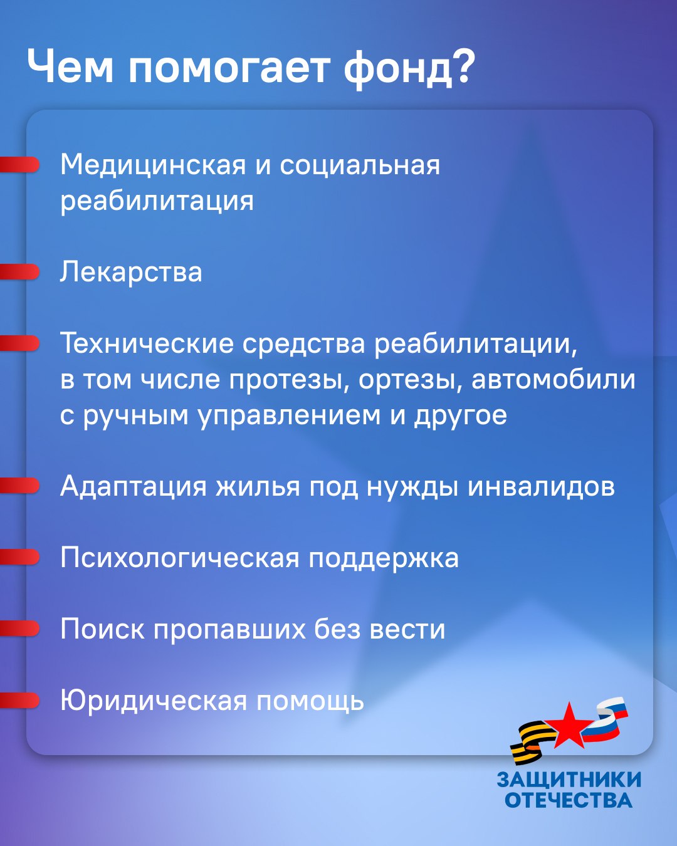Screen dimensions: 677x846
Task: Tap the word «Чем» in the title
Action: point(71,65)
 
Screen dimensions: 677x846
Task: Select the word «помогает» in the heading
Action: point(228,67)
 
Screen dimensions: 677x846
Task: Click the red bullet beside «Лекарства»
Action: point(19,271)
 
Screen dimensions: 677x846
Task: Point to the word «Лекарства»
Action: point(131,271)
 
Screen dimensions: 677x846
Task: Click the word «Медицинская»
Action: point(152,165)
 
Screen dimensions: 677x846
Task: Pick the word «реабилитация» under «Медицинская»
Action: point(157,201)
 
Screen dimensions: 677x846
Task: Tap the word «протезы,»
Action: point(289,380)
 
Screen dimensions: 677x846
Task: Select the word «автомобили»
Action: point(553,379)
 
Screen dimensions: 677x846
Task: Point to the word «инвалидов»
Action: point(541,487)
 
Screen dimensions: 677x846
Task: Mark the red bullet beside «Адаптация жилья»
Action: point(19,486)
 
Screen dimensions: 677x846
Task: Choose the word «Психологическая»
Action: point(180,558)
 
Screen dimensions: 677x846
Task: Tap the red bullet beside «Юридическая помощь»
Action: point(19,700)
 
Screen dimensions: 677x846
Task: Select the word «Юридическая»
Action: point(154,701)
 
